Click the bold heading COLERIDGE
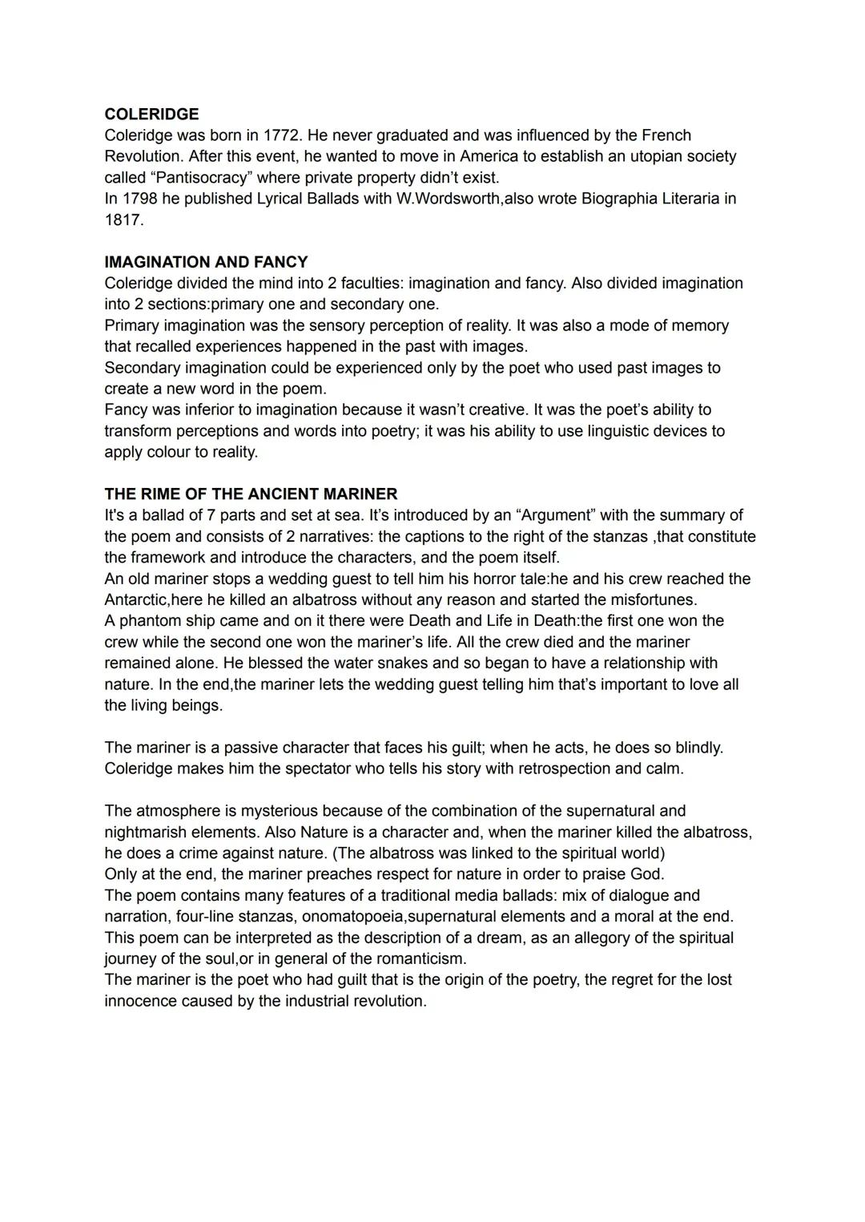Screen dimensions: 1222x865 [151, 114]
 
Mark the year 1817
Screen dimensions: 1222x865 [123, 220]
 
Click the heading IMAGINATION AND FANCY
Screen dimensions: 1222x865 [206, 262]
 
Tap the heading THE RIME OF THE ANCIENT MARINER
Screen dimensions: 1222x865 [251, 494]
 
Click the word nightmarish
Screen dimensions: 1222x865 [146, 833]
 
